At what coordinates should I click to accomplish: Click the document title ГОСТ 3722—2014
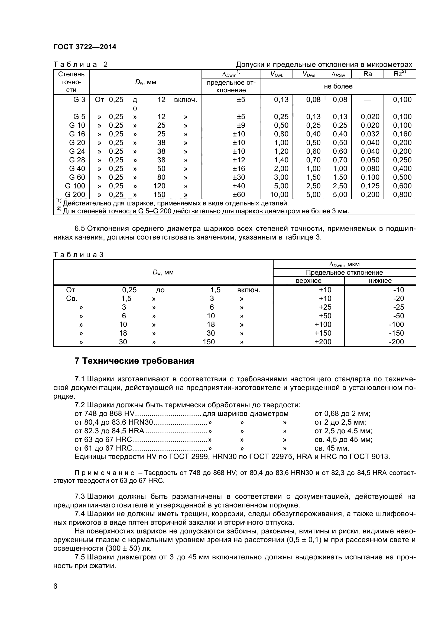point(85,47)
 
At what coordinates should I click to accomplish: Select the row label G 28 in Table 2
point(77,160)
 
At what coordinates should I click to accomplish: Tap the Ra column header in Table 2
point(368,74)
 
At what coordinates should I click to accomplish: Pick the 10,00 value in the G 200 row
point(279,195)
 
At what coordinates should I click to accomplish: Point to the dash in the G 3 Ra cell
point(368,100)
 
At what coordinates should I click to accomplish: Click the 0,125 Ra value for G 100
point(370,186)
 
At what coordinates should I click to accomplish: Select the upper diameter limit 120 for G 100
point(159,186)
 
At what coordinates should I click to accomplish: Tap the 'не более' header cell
point(338,86)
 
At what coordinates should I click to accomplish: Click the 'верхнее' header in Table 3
point(309,281)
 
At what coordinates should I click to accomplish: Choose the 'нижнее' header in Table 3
point(380,281)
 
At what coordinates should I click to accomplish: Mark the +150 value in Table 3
point(323,333)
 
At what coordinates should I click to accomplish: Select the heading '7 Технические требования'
point(134,361)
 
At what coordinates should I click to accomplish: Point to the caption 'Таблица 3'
point(78,255)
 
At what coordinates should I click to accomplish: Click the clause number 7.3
point(80,497)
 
